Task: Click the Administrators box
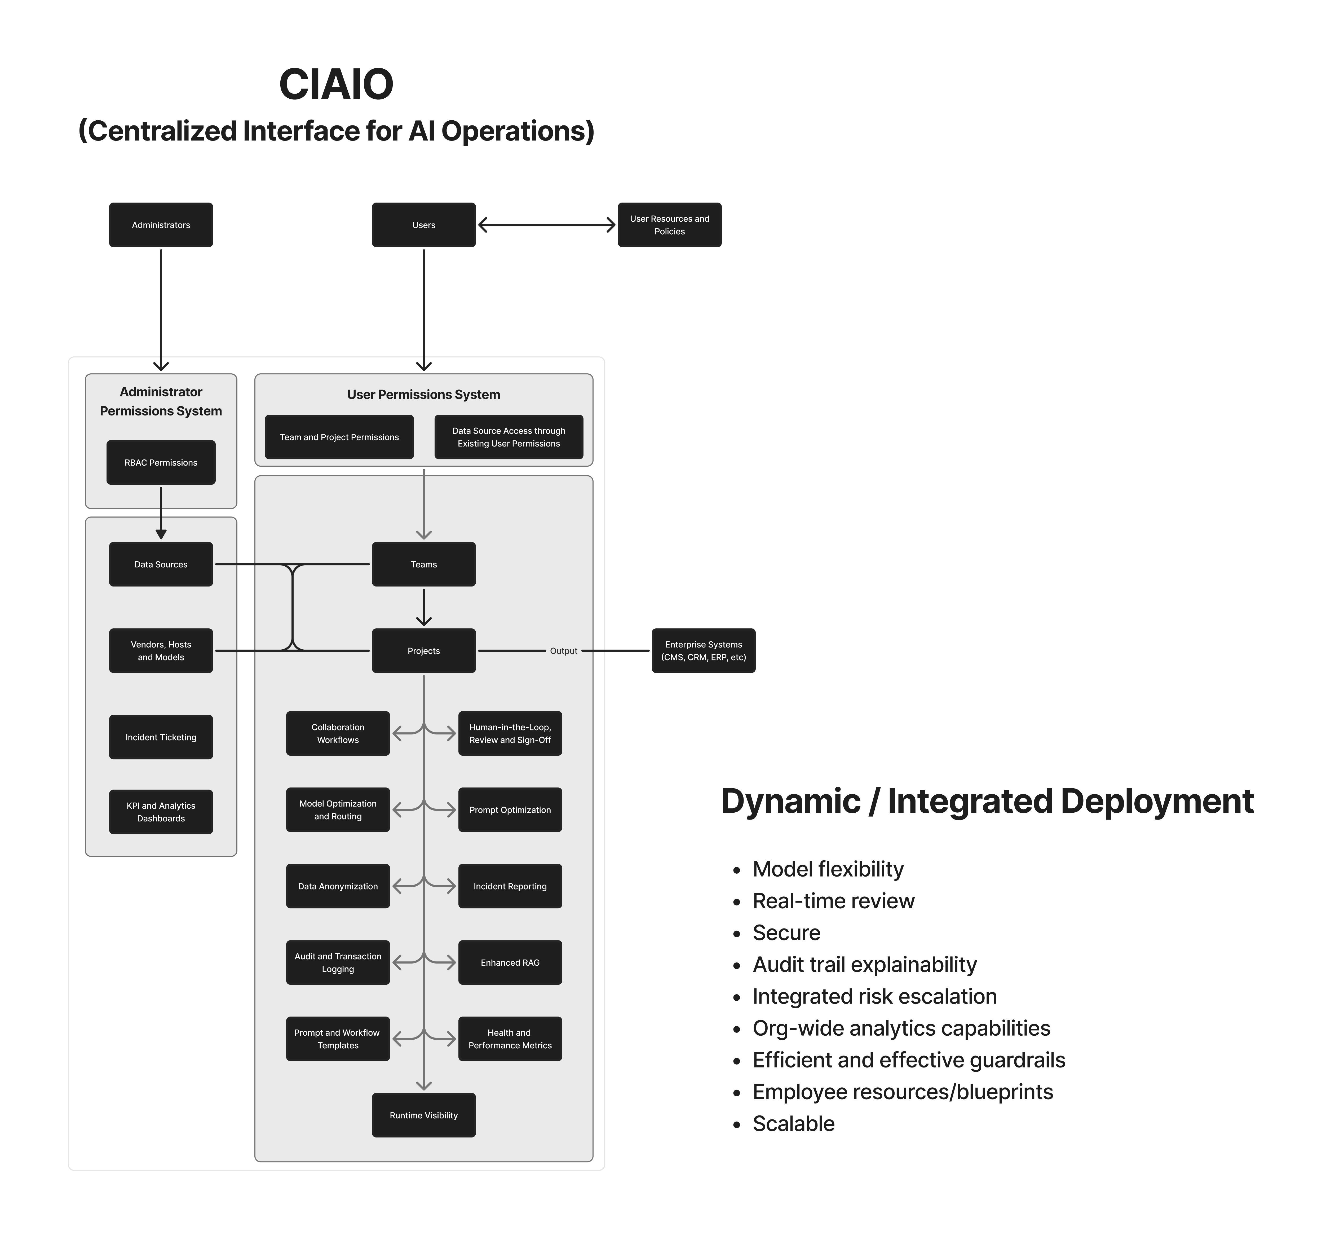point(161,225)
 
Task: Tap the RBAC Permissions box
point(161,462)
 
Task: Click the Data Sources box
point(161,564)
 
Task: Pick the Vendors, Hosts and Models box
point(161,651)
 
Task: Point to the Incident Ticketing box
point(161,737)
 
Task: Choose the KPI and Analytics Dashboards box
point(161,812)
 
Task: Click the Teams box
point(424,564)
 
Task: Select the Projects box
point(424,651)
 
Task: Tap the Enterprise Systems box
point(704,651)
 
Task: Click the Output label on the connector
point(563,651)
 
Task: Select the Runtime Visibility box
point(424,1115)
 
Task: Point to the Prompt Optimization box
point(510,810)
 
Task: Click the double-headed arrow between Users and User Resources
point(547,225)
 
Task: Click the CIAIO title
point(337,85)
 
